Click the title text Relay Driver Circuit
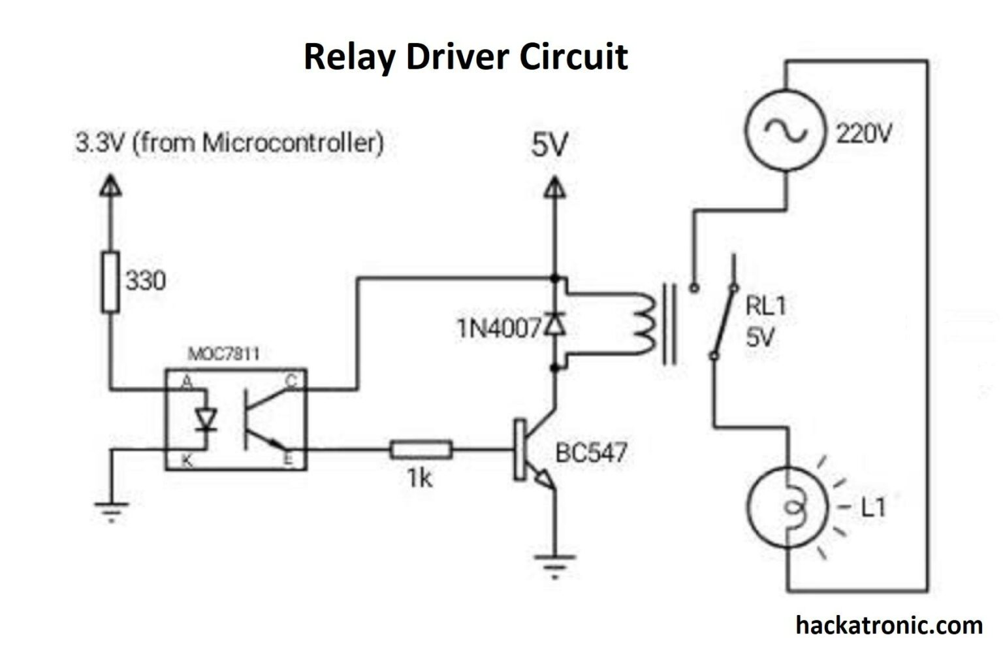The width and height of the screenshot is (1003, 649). point(466,57)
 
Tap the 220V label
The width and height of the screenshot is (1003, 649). point(864,134)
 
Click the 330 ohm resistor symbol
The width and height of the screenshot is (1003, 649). point(110,280)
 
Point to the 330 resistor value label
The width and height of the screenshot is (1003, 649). point(146,281)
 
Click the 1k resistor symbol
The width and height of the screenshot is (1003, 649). point(421,450)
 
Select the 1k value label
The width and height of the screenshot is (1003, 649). point(420,479)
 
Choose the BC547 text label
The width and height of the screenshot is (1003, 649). point(591,452)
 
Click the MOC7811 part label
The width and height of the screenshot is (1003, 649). point(223,354)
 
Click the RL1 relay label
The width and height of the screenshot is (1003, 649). point(765,306)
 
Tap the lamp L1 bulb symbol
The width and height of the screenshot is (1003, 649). point(788,507)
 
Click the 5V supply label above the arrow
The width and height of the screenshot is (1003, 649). point(550,145)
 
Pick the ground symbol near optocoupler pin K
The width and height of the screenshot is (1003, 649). point(111,509)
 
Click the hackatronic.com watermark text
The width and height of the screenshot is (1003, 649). point(889,625)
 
